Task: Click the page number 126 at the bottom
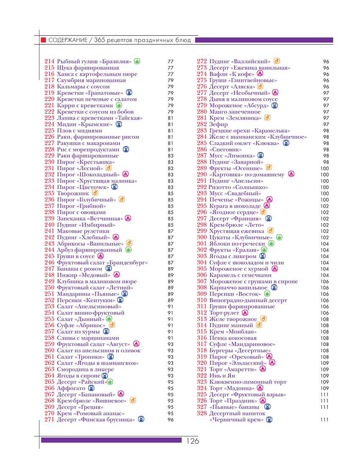point(192,441)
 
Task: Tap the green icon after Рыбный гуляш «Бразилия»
point(137,61)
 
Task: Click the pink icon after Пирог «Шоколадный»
point(125,174)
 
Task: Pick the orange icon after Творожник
point(95,193)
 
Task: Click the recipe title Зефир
point(218,124)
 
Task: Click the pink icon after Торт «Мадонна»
point(260,388)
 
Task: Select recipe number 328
point(202,413)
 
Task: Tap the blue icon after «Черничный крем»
point(269,420)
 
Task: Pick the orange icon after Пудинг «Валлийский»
point(277,61)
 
